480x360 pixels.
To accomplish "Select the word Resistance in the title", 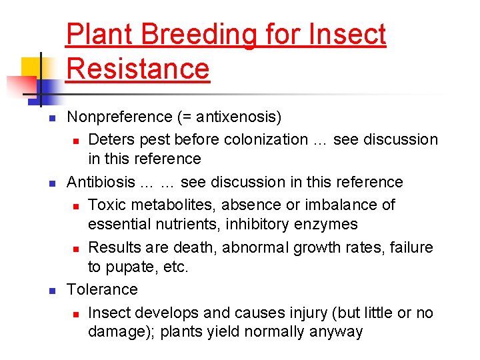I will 139,69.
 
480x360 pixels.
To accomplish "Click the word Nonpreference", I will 120,117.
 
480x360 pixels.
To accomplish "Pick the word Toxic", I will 108,205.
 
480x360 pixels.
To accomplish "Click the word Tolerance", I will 103,289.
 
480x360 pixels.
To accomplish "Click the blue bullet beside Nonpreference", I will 52,119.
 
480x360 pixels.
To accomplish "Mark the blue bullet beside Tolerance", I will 52,291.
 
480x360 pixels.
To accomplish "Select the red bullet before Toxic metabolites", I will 77,206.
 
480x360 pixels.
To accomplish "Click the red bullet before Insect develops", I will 77,314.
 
